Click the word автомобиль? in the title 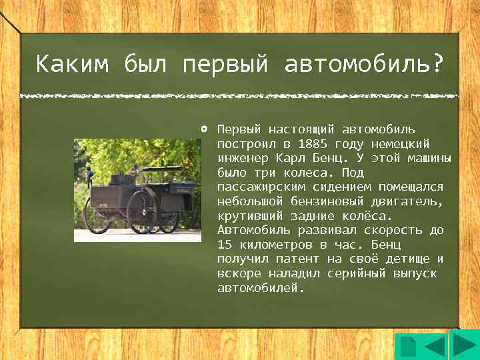click(363, 65)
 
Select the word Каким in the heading click(73, 65)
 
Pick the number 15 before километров click(224, 245)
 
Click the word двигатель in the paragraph click(405, 201)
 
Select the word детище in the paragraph click(408, 259)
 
